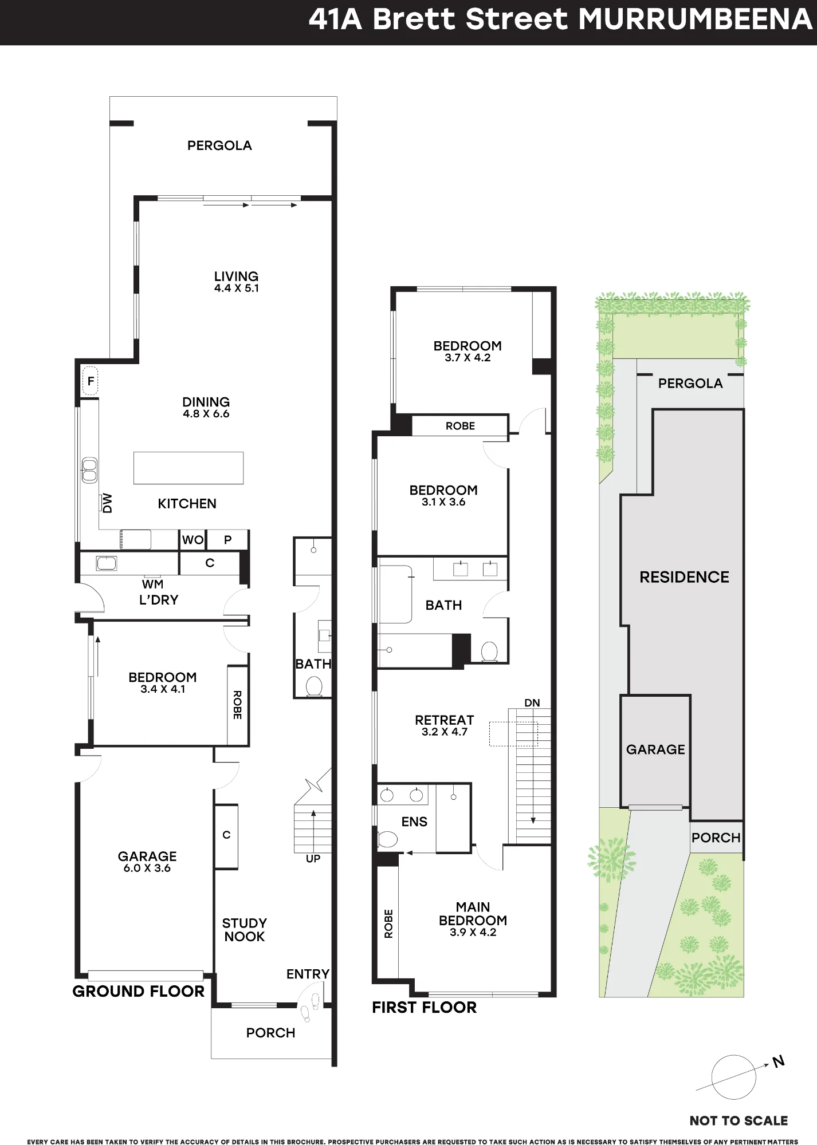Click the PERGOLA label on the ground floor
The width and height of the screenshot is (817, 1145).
coord(219,145)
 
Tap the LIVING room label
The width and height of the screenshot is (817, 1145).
coord(236,276)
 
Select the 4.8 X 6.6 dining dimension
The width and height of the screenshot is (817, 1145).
coord(206,414)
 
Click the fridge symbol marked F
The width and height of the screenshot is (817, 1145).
coord(90,381)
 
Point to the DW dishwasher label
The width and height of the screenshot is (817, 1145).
coord(107,503)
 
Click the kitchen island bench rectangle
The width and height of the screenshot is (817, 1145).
coord(188,468)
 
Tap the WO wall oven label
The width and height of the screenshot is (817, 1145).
coord(193,540)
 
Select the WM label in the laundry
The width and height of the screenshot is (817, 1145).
coord(152,584)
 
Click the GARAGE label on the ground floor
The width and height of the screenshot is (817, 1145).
coord(147,856)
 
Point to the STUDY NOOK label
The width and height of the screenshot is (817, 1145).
coord(245,930)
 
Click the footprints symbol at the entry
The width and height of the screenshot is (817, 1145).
coord(310,1006)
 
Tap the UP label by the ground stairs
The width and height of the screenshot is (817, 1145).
coord(313,859)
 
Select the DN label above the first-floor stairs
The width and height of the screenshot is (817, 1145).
coord(532,703)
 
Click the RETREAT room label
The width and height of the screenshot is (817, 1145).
coord(445,720)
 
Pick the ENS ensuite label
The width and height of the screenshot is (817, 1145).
coord(414,822)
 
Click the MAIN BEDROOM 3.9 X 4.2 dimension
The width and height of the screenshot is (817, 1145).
coord(473,932)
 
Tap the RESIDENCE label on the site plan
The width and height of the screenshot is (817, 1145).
coord(684,577)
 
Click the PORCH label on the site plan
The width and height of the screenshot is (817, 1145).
coord(716,838)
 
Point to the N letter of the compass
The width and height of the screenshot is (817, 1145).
coord(778,1062)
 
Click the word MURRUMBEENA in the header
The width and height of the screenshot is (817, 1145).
coord(695,19)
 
